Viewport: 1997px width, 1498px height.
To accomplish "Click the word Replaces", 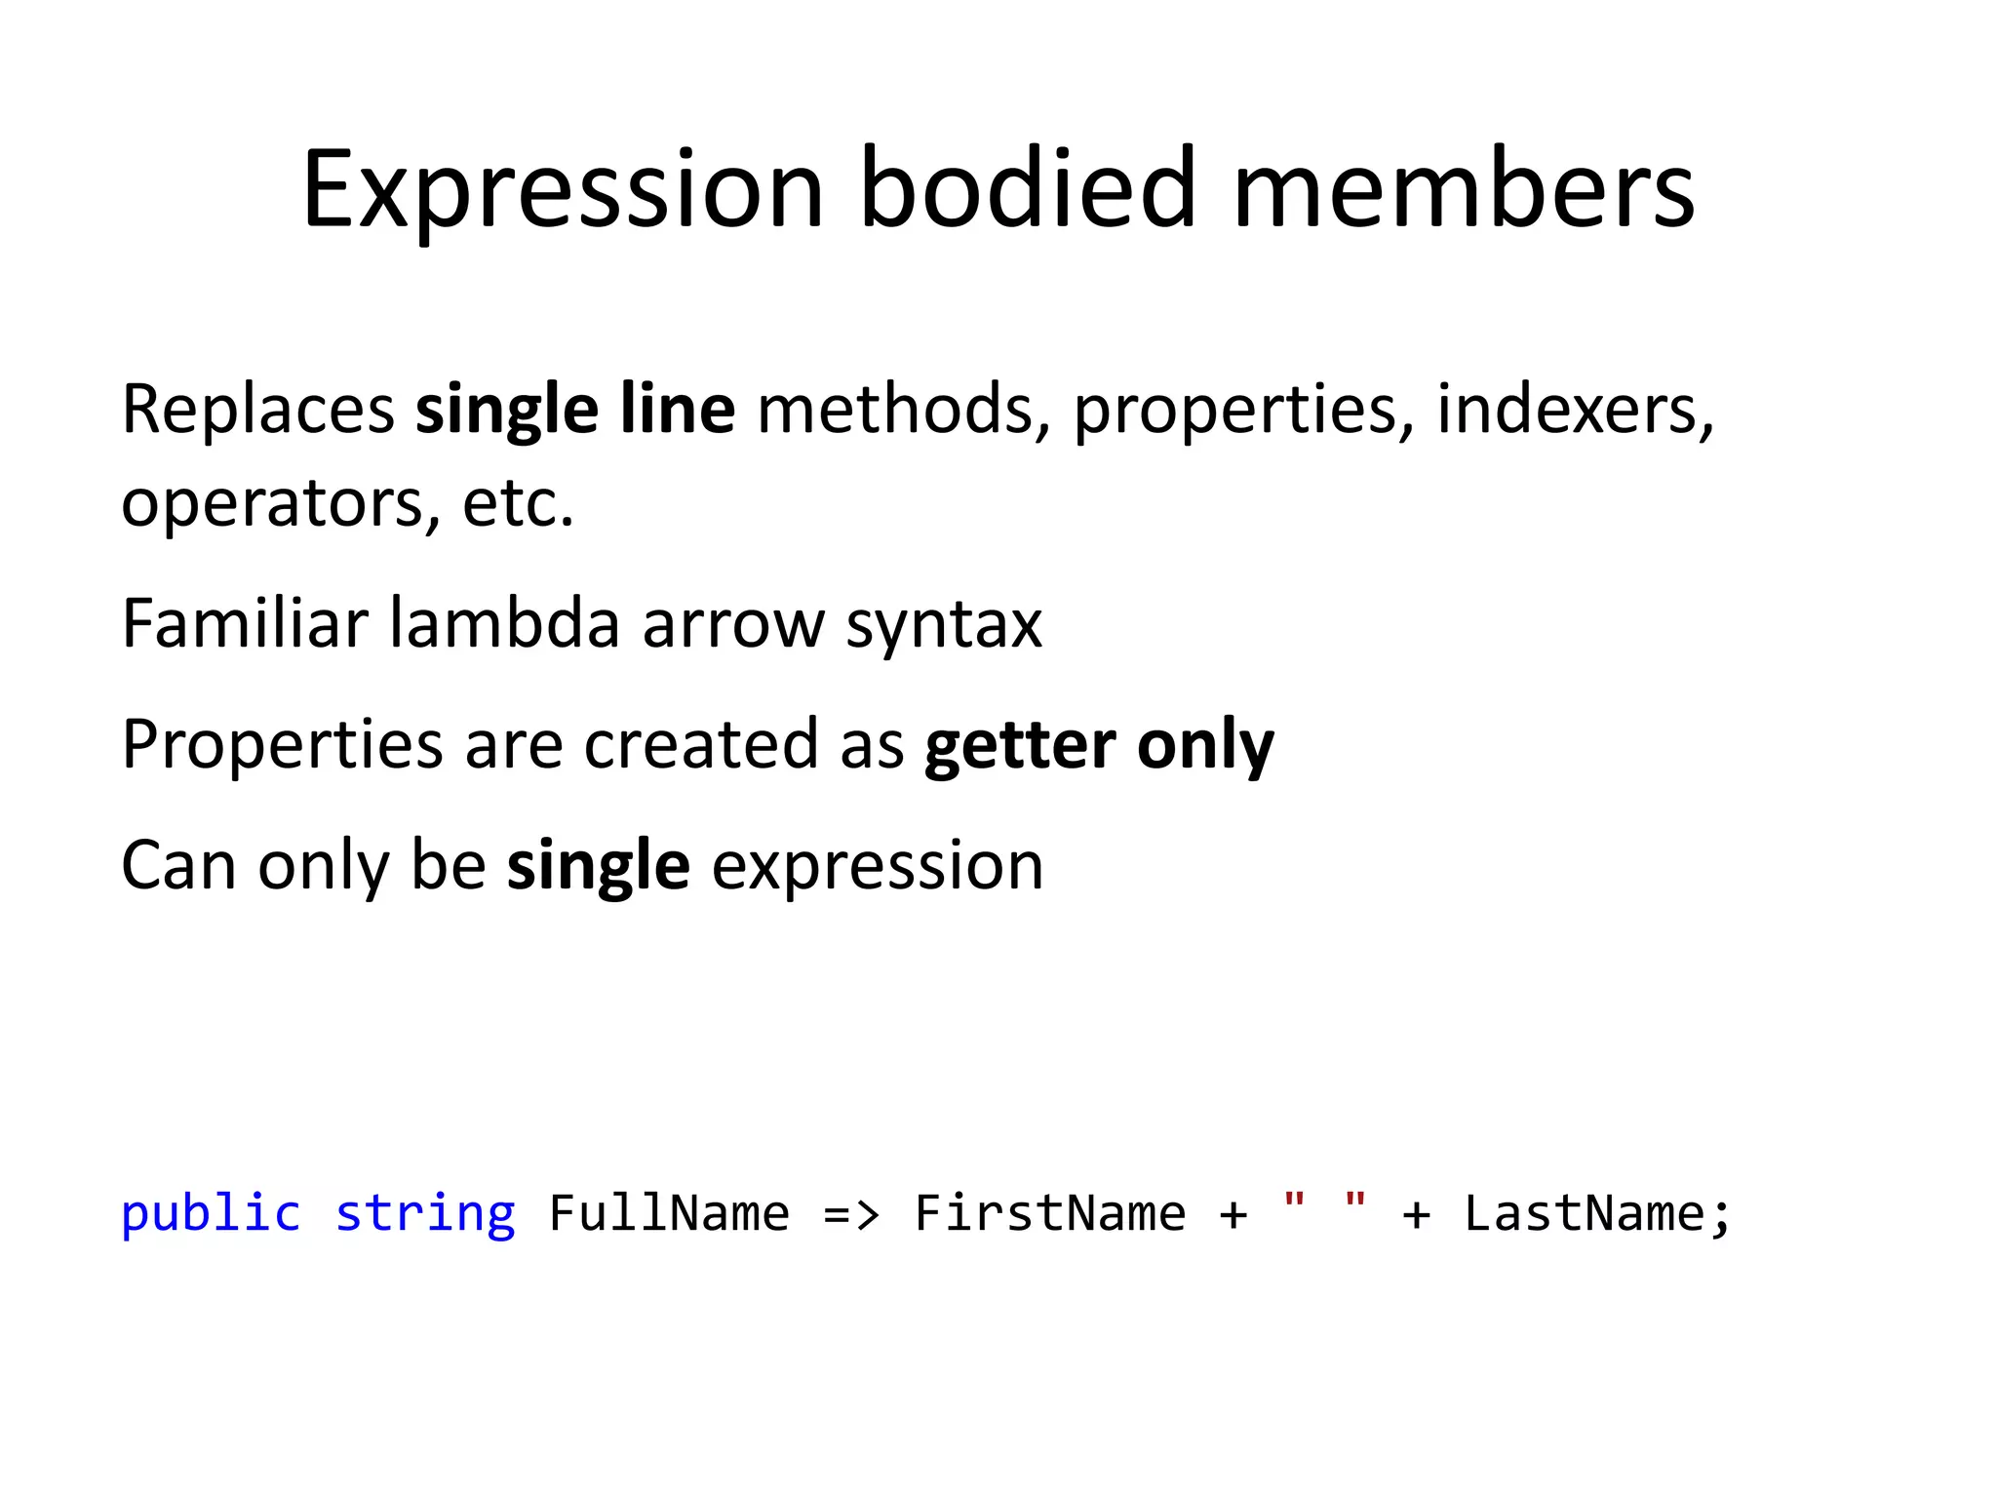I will click(x=257, y=410).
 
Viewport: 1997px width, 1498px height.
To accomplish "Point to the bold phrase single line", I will click(x=575, y=410).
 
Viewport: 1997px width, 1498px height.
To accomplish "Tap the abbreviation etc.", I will click(x=518, y=503).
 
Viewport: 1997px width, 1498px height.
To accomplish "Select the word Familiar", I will click(x=245, y=624).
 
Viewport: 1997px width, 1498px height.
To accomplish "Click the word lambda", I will click(x=504, y=624).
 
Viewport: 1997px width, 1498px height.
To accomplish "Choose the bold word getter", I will click(x=1020, y=746).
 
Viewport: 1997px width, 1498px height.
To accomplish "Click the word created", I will click(x=699, y=745).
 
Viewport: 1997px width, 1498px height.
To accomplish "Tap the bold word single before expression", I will click(x=599, y=867).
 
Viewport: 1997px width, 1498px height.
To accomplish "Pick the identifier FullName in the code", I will click(x=669, y=1214).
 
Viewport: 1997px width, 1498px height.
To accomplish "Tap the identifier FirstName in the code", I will click(x=1050, y=1214).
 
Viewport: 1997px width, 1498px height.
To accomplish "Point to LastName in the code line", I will click(x=1586, y=1214).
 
